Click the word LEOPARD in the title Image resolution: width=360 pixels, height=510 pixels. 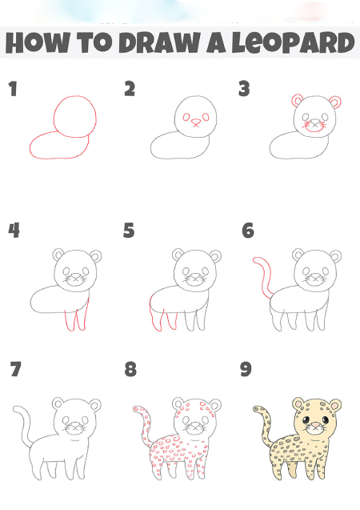[x=293, y=42]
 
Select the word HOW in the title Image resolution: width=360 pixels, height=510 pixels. [x=38, y=42]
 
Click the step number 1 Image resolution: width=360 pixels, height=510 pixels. [x=13, y=89]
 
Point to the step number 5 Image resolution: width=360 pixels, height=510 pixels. [x=129, y=230]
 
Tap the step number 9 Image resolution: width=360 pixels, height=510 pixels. [x=246, y=369]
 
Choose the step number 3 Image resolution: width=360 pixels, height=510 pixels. [x=244, y=89]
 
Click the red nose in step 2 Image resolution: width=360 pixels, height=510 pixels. [x=196, y=122]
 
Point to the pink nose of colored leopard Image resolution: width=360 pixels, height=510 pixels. [x=316, y=425]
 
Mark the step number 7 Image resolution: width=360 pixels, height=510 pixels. [x=15, y=369]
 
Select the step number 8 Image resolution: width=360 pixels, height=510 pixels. [x=130, y=369]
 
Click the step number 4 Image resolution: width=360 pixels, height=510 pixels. [x=14, y=231]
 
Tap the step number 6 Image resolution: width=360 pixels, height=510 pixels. [x=248, y=231]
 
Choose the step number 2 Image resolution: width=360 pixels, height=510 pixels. [x=130, y=89]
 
